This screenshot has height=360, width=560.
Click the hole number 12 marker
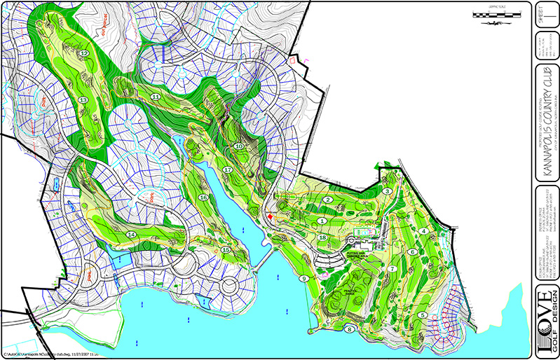(x=84, y=53)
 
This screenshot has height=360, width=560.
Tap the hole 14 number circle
(x=130, y=233)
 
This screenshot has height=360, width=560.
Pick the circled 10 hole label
(x=238, y=146)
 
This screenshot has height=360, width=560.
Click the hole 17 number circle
(x=227, y=170)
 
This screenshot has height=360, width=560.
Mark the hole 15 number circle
(x=226, y=249)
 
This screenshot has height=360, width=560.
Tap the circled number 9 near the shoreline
(x=304, y=278)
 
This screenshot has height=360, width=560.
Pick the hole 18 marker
(x=322, y=238)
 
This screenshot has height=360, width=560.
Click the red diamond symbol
(x=269, y=218)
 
